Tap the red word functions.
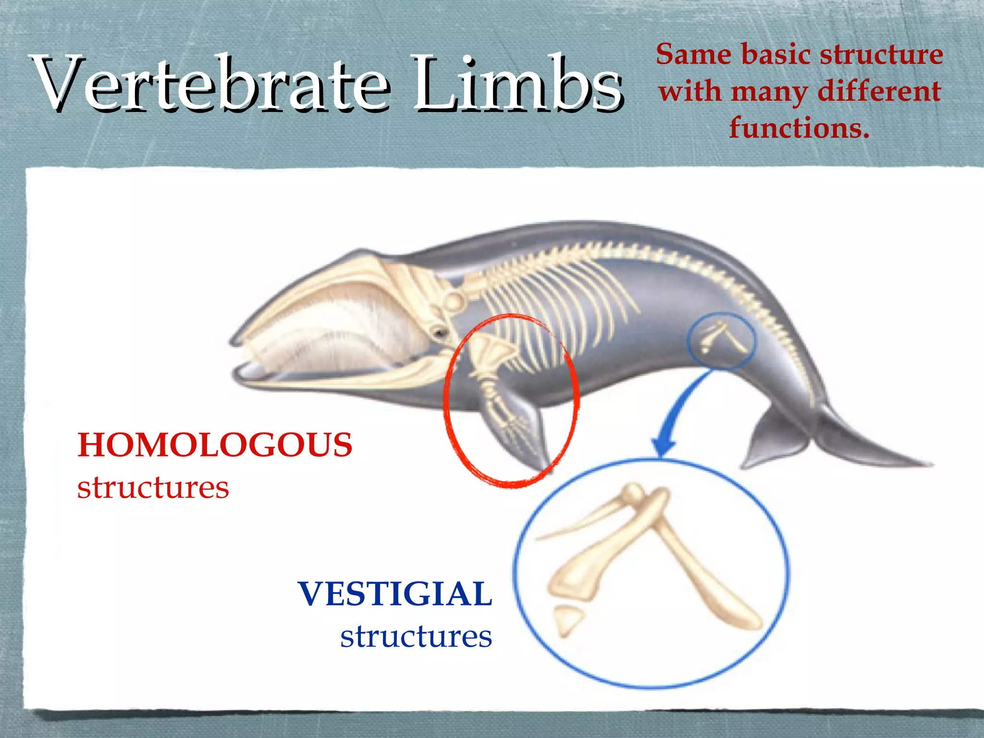point(799,128)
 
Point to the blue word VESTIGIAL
point(395,594)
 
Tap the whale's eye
point(439,332)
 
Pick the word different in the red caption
point(879,91)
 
